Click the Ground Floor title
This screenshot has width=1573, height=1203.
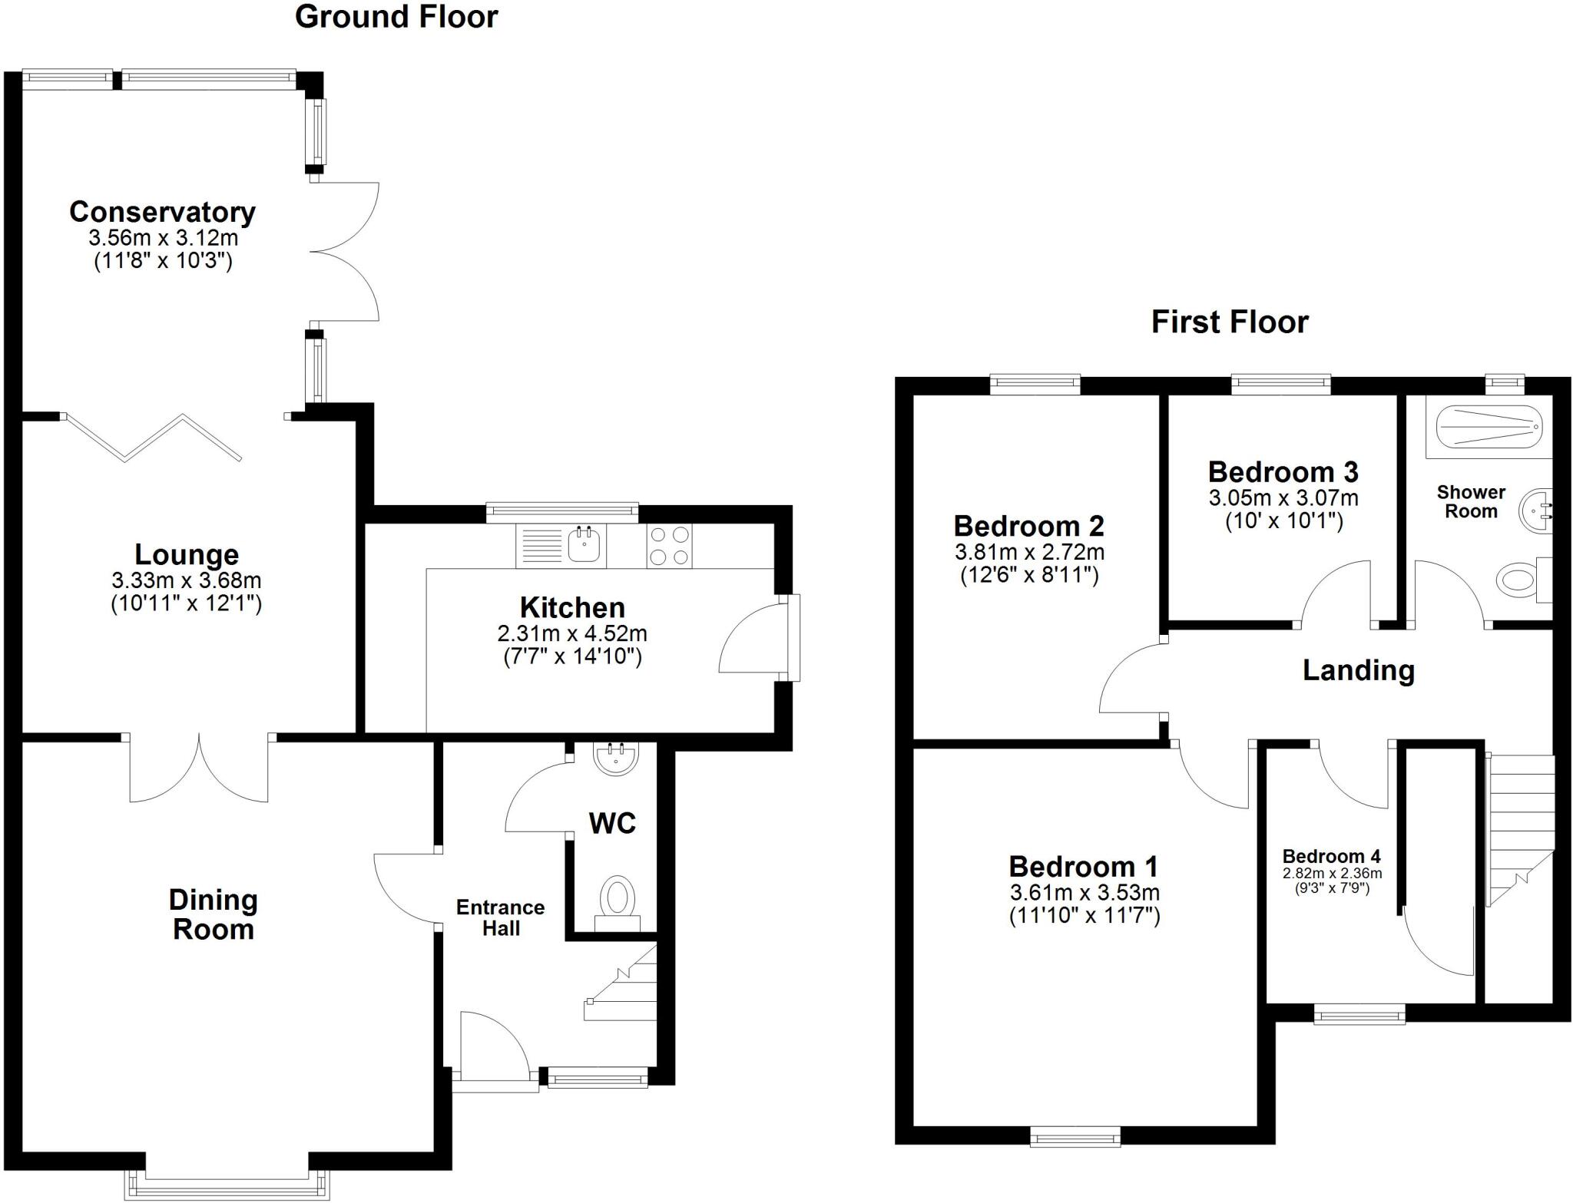[396, 17]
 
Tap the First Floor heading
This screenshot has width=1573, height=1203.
[1230, 322]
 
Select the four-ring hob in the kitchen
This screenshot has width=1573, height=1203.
[668, 545]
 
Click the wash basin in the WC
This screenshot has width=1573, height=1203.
[615, 758]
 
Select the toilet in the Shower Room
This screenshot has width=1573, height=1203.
[1525, 580]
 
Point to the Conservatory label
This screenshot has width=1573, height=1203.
[163, 212]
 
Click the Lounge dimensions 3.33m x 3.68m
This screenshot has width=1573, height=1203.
[187, 580]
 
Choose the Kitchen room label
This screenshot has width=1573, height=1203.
[572, 607]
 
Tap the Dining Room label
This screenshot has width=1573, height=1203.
[213, 914]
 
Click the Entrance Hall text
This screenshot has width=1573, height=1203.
[501, 917]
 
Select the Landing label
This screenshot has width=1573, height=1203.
[1359, 670]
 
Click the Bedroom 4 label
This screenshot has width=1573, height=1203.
[1332, 856]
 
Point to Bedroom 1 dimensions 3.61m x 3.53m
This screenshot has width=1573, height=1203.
[1085, 893]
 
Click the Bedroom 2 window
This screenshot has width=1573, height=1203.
[1035, 383]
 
